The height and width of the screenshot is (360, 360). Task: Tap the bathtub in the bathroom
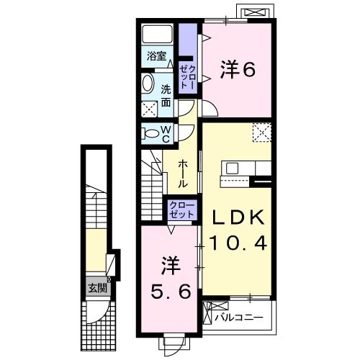[156, 35]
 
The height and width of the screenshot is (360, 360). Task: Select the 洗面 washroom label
[166, 96]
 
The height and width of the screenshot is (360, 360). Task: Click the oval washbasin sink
[148, 84]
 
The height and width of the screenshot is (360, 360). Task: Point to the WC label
[165, 133]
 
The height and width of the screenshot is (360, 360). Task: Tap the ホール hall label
[184, 173]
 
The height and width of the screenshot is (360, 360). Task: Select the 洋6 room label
[238, 70]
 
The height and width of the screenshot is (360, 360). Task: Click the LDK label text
[239, 217]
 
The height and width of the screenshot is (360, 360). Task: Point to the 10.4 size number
[239, 243]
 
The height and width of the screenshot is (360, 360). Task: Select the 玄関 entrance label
[96, 288]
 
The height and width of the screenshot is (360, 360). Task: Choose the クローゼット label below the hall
[181, 211]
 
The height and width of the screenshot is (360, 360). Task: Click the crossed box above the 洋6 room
[255, 13]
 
